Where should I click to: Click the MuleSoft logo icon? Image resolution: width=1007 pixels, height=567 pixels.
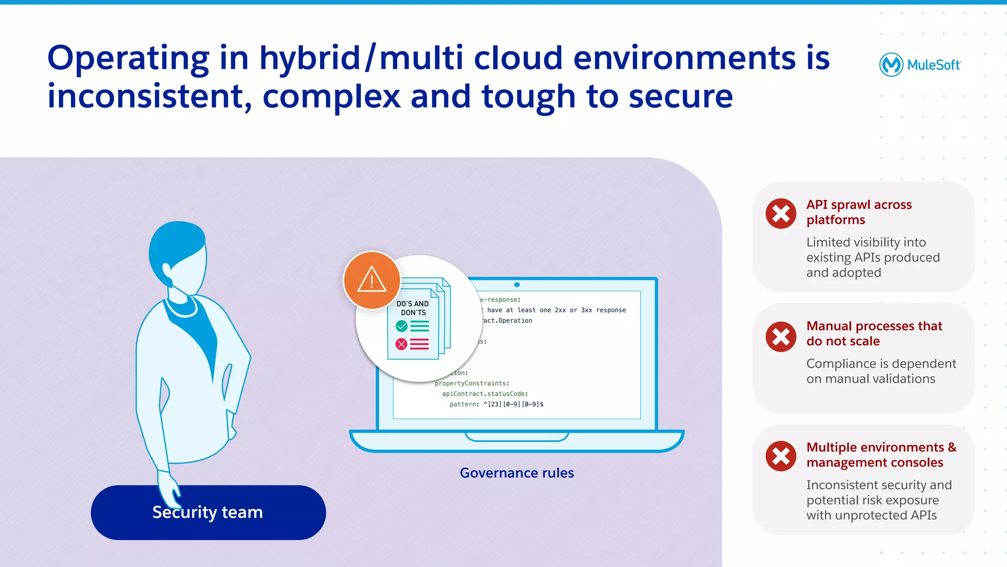890,64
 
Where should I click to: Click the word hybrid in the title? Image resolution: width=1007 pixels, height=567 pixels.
310,58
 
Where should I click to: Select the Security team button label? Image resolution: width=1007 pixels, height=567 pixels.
207,512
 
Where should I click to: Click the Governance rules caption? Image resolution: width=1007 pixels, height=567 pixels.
516,473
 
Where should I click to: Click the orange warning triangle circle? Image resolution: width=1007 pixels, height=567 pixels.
372,280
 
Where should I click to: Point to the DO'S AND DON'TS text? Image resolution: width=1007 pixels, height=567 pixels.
413,308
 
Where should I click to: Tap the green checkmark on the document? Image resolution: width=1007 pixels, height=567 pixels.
401,326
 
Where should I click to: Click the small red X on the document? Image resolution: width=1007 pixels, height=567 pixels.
401,344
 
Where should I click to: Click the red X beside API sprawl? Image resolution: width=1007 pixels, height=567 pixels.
780,213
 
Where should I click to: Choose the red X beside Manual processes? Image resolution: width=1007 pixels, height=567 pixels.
780,337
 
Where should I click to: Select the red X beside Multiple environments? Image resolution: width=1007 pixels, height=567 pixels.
780,456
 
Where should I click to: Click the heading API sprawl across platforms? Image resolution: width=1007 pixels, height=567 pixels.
859,212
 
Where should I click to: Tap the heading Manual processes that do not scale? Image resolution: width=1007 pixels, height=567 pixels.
874,333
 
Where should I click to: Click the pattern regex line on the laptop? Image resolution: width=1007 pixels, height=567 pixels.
496,404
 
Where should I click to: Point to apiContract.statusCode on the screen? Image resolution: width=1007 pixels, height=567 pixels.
484,394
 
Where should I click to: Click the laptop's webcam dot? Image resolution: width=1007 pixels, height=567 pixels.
517,285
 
